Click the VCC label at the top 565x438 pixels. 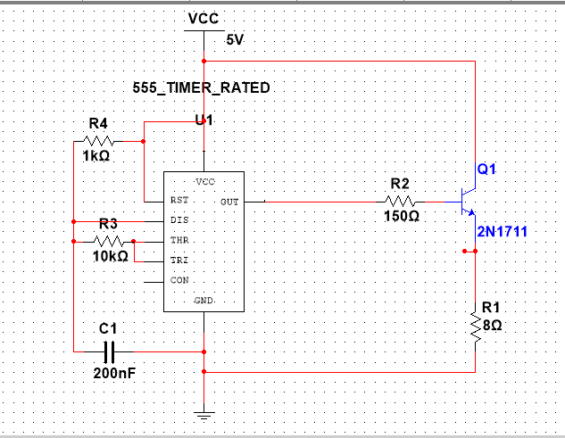(x=203, y=19)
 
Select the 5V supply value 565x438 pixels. (x=235, y=40)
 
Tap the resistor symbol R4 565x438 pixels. (x=99, y=140)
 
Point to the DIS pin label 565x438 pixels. (x=179, y=220)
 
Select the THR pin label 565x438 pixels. (x=179, y=240)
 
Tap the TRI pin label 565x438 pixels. (x=179, y=260)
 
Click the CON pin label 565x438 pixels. (x=179, y=280)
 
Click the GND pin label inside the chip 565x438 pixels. (x=204, y=302)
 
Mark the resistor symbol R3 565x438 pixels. (x=108, y=241)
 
